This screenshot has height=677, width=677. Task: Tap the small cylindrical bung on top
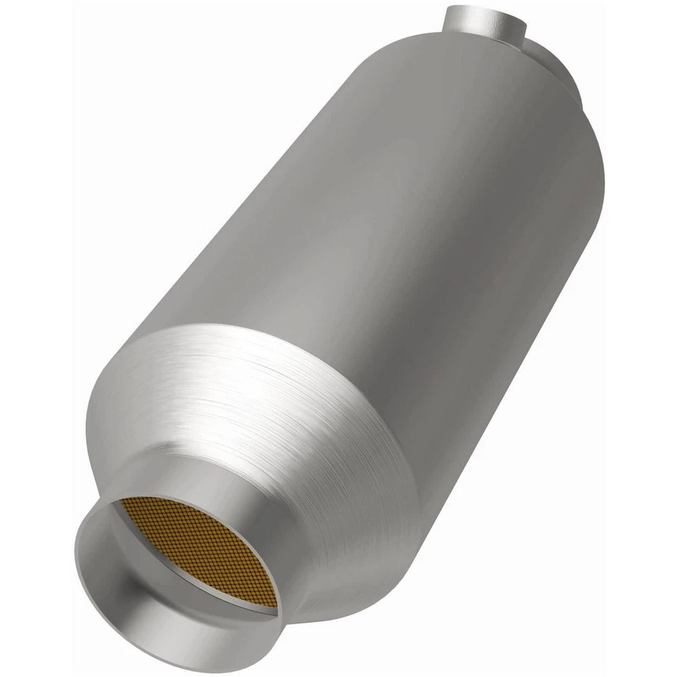coord(487,25)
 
